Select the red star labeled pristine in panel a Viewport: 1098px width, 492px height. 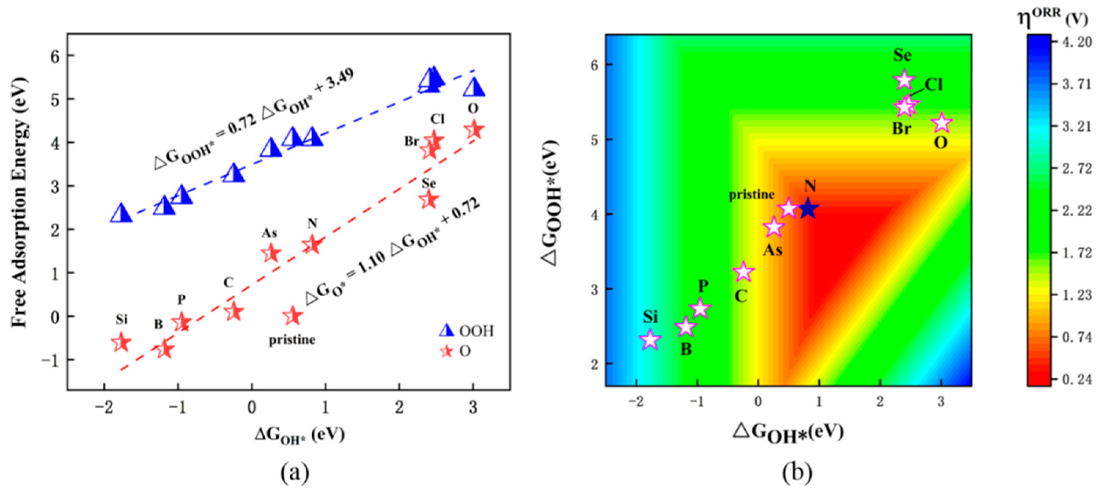point(293,316)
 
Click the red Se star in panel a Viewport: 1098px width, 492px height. point(429,199)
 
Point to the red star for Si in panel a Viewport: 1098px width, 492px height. point(121,342)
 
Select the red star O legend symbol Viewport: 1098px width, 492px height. point(447,351)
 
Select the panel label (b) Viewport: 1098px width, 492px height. point(797,473)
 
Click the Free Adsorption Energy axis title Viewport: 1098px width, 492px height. point(19,202)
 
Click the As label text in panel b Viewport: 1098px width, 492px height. point(772,250)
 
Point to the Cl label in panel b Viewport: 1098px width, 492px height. point(933,85)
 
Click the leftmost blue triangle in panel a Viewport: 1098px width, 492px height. point(121,213)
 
